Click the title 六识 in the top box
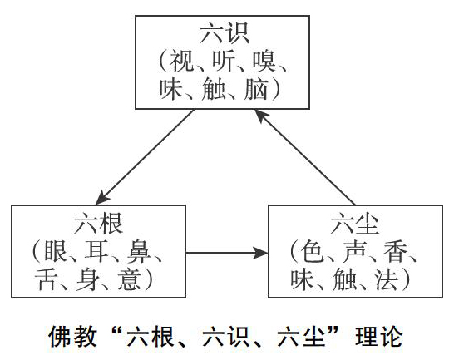225,33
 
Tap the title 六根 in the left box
98,223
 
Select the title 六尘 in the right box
355,223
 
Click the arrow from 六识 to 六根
145,156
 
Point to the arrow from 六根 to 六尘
227,253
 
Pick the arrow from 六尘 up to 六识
304,156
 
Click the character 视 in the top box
181,62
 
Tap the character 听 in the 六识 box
223,62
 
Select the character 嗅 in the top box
264,62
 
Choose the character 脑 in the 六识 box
256,89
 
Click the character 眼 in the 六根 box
56,251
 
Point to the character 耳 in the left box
96,251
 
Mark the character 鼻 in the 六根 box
138,251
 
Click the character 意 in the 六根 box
130,279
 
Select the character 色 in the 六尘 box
312,251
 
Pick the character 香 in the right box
395,251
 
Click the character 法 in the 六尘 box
387,279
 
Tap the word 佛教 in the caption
72,336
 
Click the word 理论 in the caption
379,336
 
